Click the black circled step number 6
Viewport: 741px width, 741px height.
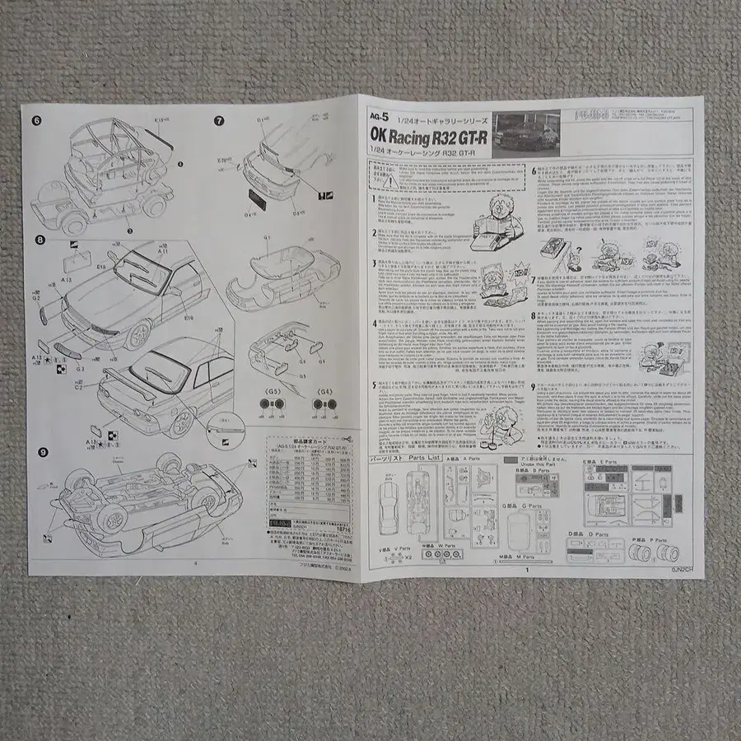click(36, 120)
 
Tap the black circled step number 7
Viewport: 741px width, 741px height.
click(219, 120)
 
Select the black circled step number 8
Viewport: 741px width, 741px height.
click(39, 240)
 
